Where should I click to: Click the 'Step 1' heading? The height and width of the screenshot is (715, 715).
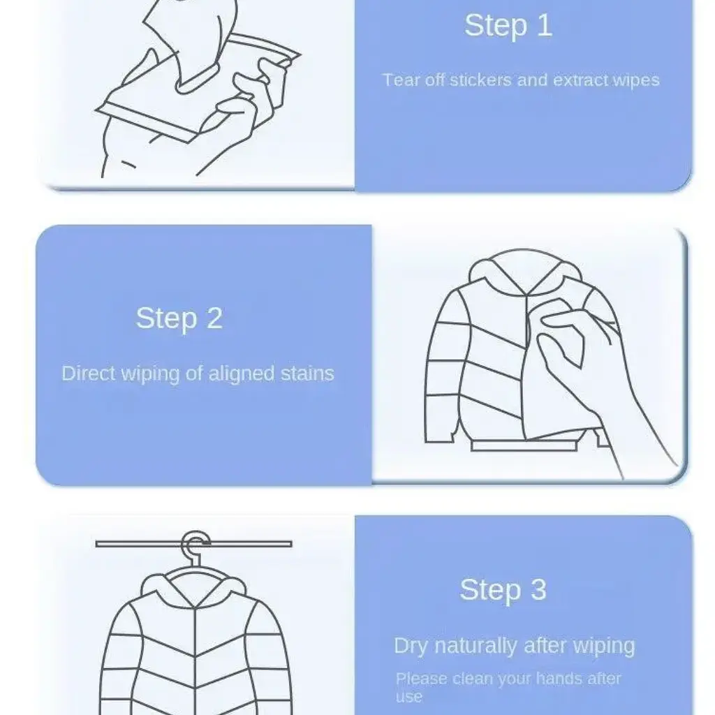coord(508,26)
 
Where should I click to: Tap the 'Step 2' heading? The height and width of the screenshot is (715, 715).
coord(179,318)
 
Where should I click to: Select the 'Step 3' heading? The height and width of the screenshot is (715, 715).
coord(503,589)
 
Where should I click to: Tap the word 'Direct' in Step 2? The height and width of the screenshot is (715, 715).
coord(89,374)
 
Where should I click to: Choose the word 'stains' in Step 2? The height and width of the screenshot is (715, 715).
coord(307,374)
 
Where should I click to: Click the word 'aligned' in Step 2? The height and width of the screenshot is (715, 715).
coord(241,374)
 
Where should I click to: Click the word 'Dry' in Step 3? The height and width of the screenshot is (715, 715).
coord(411,646)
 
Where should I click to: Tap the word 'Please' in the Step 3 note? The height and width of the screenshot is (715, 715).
coord(421,679)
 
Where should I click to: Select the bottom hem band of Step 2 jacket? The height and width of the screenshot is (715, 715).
coord(524,445)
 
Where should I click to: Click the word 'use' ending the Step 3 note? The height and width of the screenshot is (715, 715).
coord(409,697)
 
